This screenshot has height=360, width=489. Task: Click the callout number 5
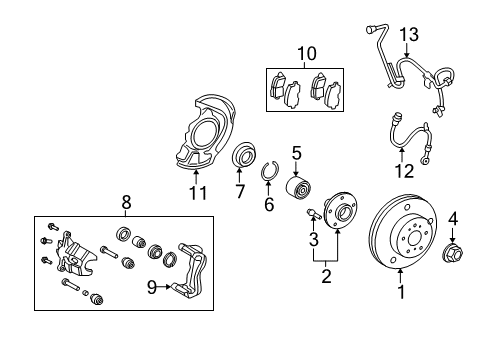(x=297, y=153)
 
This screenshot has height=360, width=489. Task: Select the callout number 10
(x=305, y=52)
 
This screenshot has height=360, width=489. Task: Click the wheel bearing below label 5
(x=298, y=187)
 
